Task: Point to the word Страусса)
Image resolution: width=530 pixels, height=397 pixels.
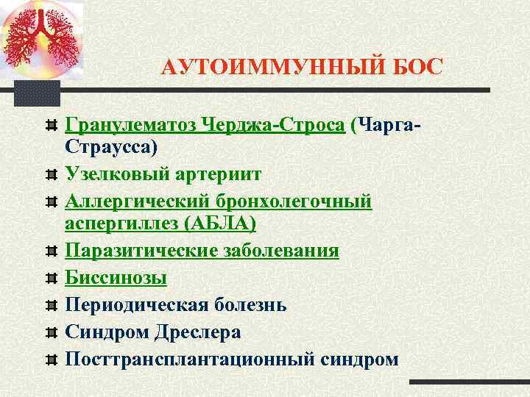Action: pyautogui.click(x=111, y=147)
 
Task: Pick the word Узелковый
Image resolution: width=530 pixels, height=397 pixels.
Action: pyautogui.click(x=117, y=175)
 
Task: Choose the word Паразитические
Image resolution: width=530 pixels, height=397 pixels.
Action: pyautogui.click(x=139, y=251)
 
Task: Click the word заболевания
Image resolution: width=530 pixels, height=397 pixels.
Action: pyautogui.click(x=279, y=251)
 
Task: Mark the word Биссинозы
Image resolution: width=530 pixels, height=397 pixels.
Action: pyautogui.click(x=116, y=277)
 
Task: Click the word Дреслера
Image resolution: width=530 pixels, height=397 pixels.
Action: pyautogui.click(x=197, y=332)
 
